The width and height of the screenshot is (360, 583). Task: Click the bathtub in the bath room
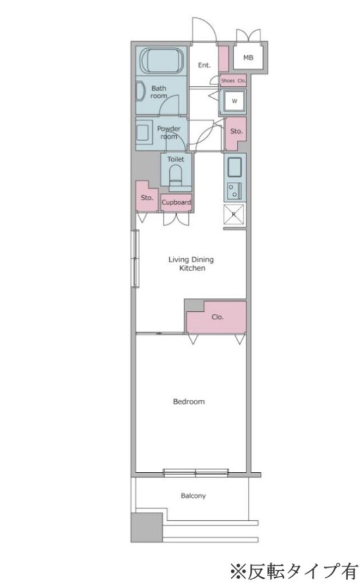(x=162, y=61)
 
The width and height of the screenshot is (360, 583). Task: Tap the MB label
(x=248, y=58)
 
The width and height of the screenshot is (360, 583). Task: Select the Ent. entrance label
(x=204, y=65)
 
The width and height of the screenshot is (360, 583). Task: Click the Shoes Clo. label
(x=233, y=80)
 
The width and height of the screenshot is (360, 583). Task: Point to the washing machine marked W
(x=235, y=101)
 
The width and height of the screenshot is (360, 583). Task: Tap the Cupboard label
(x=176, y=202)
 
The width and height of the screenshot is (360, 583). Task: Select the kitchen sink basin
(x=235, y=168)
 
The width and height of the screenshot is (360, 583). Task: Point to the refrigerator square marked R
(x=235, y=215)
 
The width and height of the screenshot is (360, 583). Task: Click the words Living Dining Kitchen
(x=191, y=264)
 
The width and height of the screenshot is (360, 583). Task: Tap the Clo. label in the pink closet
(x=217, y=317)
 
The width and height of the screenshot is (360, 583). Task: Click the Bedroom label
(x=189, y=402)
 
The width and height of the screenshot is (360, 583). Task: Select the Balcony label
(x=193, y=496)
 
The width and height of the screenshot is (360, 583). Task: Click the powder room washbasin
(x=143, y=132)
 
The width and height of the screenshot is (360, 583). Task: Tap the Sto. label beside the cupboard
(x=147, y=198)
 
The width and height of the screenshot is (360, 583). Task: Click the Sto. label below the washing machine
(x=236, y=131)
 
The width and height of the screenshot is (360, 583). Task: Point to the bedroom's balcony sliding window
(x=196, y=472)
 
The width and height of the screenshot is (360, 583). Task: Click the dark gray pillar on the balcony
(x=146, y=527)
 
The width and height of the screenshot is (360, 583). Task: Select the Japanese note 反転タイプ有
(x=294, y=572)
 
